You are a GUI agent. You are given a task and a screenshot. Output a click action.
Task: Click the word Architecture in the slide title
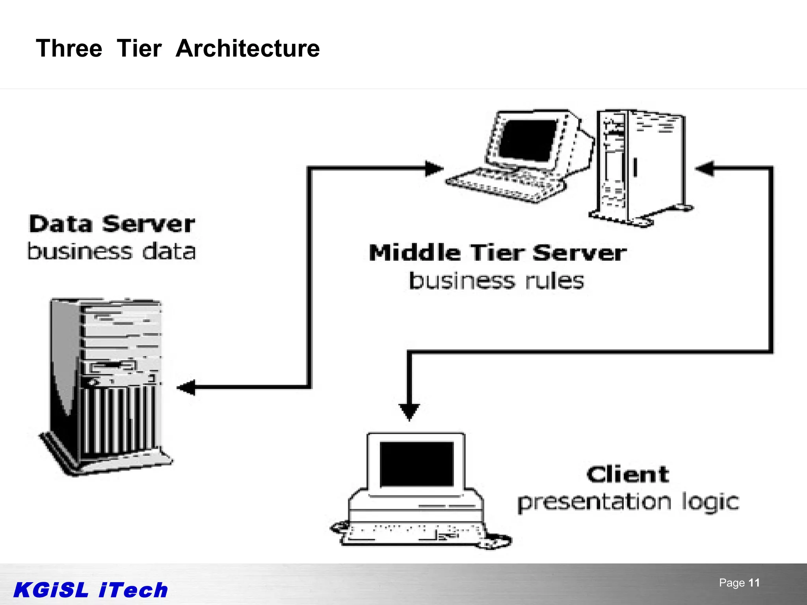click(247, 49)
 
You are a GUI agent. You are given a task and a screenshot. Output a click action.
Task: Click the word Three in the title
click(69, 49)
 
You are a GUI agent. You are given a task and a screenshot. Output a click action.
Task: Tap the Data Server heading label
click(112, 224)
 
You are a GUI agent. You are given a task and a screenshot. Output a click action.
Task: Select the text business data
click(112, 251)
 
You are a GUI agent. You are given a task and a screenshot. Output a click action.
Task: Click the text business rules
click(496, 281)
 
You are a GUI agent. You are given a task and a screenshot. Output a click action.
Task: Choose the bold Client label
click(628, 474)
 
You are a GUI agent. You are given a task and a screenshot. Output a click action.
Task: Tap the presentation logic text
click(628, 503)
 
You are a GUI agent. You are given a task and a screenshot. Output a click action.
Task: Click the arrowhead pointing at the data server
click(186, 387)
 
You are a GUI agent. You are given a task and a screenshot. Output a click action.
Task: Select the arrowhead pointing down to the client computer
click(409, 412)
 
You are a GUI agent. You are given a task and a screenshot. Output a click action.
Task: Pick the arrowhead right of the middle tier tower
click(705, 169)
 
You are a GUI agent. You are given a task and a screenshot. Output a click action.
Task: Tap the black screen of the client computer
click(417, 464)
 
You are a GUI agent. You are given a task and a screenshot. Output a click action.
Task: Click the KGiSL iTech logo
click(91, 590)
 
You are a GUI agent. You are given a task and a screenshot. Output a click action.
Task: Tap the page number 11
click(754, 583)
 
